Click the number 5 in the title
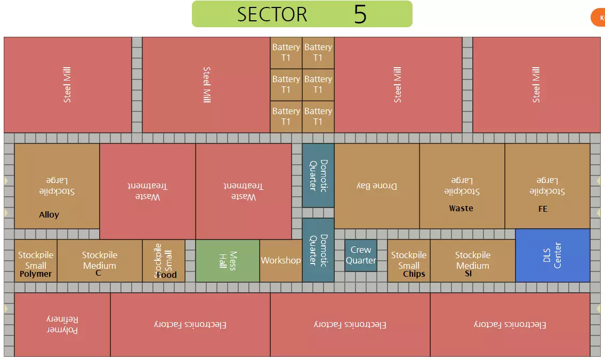[x=360, y=14]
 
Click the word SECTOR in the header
[x=272, y=14]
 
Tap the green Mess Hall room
[x=228, y=261]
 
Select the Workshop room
[x=281, y=261]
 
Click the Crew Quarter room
[x=361, y=255]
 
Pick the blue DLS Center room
[x=553, y=255]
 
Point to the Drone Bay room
[x=377, y=186]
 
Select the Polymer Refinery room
[x=62, y=324]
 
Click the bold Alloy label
[x=49, y=215]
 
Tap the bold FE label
[x=543, y=209]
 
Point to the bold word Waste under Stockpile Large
[x=461, y=209]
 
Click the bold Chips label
[x=414, y=274]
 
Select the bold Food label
[x=167, y=275]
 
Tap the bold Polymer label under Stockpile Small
[x=36, y=274]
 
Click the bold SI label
[x=469, y=274]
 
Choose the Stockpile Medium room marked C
[x=100, y=261]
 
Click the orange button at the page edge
[x=599, y=18]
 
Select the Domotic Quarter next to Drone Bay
[x=318, y=175]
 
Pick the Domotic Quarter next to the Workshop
[x=318, y=250]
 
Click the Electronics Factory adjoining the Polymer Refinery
[x=190, y=324]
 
